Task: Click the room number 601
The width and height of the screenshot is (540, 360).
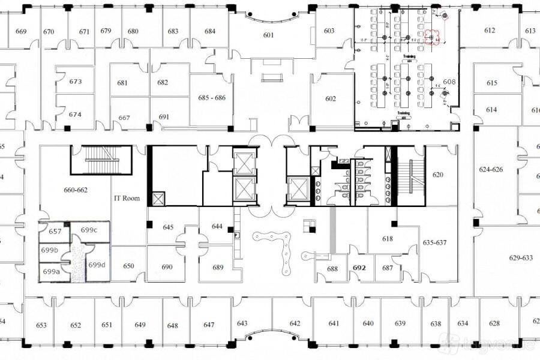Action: [268, 35]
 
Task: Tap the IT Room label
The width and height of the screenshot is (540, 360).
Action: [127, 198]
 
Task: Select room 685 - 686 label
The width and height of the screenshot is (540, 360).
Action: [212, 97]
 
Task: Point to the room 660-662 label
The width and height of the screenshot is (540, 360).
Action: [76, 190]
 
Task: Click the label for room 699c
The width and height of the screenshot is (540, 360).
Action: [89, 230]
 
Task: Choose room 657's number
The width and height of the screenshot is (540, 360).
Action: [55, 232]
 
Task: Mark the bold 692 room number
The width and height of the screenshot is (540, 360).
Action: [359, 268]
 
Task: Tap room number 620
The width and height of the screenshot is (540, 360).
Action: [438, 175]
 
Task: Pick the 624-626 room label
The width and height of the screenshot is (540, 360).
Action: [491, 170]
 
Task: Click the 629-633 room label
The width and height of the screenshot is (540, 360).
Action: [521, 258]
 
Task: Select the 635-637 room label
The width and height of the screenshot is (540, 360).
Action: [435, 243]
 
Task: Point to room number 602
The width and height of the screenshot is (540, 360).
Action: [331, 98]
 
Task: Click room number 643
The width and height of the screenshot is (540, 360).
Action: [242, 324]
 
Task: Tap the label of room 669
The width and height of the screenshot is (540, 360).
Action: [21, 32]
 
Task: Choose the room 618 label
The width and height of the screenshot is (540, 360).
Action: [388, 239]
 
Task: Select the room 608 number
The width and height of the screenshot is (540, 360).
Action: [449, 82]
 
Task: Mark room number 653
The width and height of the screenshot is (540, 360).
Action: [41, 326]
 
